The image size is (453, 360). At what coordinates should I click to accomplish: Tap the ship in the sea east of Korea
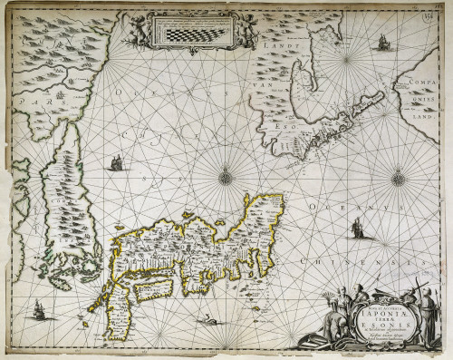(x=116, y=163)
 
